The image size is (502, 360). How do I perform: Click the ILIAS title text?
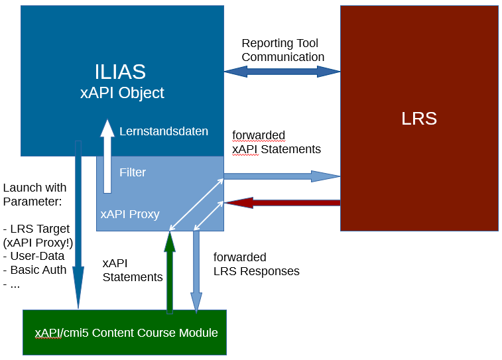[x=120, y=72]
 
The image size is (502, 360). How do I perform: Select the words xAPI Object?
[x=122, y=93]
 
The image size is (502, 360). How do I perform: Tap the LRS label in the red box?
[x=419, y=119]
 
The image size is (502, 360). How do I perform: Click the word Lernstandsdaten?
[x=164, y=131]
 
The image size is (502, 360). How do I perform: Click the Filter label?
[x=133, y=172]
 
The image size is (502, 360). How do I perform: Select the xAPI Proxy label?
[x=130, y=214]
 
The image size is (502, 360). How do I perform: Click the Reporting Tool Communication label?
[x=282, y=50]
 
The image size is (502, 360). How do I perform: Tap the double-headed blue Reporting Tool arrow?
[x=282, y=72]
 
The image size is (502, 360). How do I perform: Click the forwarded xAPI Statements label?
[x=276, y=143]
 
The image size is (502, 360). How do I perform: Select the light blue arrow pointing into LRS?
[x=282, y=176]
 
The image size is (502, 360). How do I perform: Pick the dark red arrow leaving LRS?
[x=282, y=202]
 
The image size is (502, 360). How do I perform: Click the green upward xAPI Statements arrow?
[x=170, y=272]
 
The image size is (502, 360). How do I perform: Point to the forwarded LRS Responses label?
[x=256, y=264]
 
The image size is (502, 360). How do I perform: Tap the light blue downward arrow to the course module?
[x=196, y=272]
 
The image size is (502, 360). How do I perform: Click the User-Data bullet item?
[x=37, y=256]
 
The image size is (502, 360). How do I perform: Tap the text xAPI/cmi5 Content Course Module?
[x=126, y=333]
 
